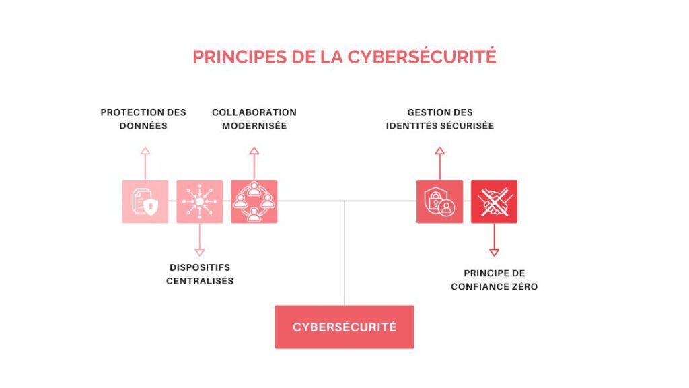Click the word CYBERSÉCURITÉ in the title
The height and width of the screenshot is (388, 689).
[422, 56]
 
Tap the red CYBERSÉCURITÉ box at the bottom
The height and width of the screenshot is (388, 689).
[344, 327]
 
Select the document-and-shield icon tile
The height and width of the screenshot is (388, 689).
[145, 201]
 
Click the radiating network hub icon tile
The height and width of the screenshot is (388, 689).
[199, 201]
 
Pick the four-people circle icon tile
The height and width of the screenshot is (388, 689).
[254, 201]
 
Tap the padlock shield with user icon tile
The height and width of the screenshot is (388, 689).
[440, 201]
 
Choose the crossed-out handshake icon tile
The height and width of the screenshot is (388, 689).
[494, 201]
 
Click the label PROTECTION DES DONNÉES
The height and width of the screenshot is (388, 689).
[143, 119]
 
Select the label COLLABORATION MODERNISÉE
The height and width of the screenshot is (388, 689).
[254, 119]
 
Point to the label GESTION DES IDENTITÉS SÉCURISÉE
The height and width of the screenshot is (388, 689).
[440, 119]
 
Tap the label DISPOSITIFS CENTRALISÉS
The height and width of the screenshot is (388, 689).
[200, 274]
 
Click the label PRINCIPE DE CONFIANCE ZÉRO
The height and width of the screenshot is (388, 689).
[495, 280]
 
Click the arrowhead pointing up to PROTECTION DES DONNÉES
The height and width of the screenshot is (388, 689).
[145, 151]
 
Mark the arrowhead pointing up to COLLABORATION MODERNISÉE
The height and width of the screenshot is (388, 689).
[254, 151]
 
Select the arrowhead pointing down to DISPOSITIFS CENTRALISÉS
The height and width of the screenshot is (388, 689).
[199, 253]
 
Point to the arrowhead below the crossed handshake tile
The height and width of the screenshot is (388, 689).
[494, 253]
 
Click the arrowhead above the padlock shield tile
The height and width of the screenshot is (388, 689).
[440, 151]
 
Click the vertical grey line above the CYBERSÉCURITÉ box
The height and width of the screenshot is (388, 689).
[344, 253]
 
